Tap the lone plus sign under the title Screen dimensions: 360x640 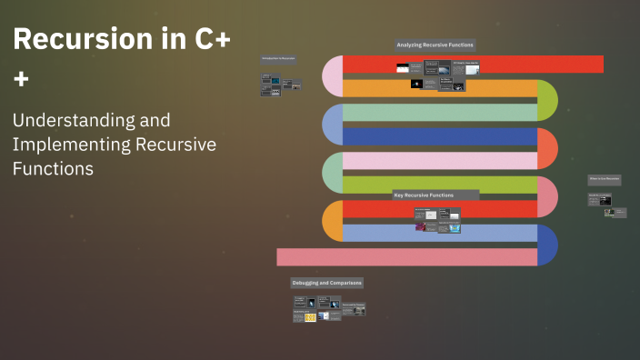[x=21, y=80]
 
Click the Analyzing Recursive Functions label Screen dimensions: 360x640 [x=435, y=45]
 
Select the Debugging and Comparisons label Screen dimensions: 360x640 [x=326, y=283]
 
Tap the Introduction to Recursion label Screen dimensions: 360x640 [x=278, y=58]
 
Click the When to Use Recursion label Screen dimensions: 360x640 [x=604, y=180]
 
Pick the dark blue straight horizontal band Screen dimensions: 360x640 [x=436, y=137]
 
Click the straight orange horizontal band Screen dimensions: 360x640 [x=436, y=88]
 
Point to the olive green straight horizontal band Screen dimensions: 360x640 [x=436, y=185]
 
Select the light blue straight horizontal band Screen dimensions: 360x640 [x=436, y=233]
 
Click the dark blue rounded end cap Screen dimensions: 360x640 [x=548, y=245]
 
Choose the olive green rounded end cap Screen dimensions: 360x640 [x=547, y=100]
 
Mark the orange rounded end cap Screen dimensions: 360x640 [x=332, y=221]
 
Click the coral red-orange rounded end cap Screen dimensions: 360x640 [x=547, y=148]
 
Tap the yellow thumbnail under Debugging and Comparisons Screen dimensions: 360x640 [x=310, y=317]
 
